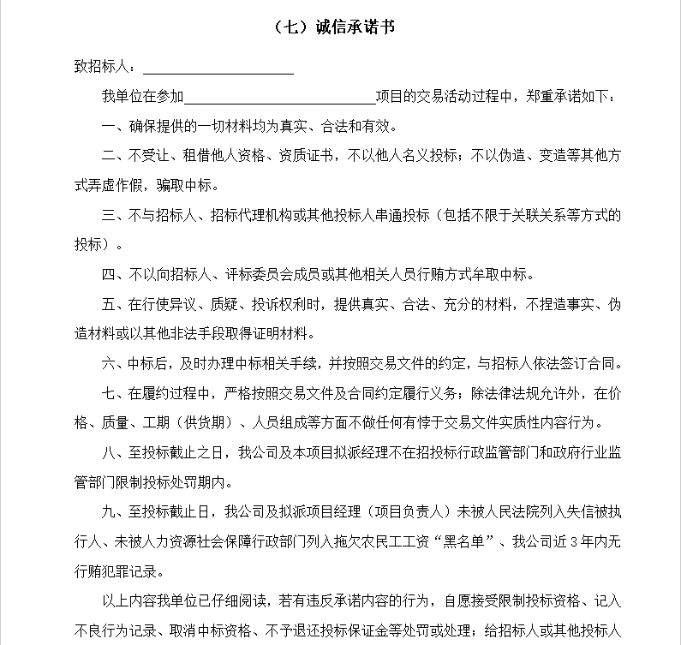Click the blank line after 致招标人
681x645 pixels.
[218, 66]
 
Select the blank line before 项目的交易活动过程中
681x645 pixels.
[279, 97]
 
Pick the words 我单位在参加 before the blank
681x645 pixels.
[142, 97]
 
